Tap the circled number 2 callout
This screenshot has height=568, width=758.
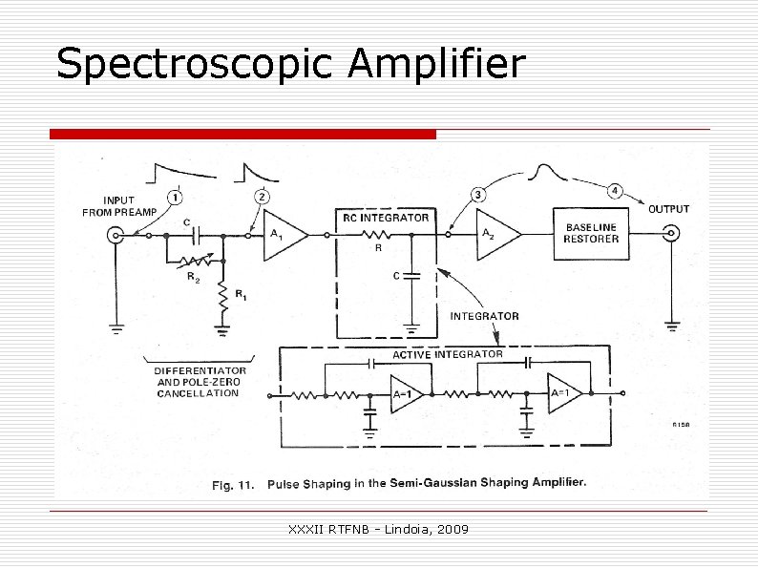click(x=262, y=197)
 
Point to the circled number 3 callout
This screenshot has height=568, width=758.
click(x=477, y=196)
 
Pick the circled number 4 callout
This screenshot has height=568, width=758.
click(x=616, y=192)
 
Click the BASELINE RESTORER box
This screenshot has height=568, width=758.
click(x=592, y=234)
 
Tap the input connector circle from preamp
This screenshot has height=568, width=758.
click(x=116, y=235)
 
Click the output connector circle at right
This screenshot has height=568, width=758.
click(x=671, y=234)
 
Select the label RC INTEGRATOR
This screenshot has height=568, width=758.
click(x=386, y=218)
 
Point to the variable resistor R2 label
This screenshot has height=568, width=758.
click(x=193, y=278)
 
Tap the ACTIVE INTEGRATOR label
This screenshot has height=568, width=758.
click(x=448, y=354)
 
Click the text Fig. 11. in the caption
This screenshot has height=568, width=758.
click(x=232, y=484)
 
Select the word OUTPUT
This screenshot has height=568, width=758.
click(x=669, y=209)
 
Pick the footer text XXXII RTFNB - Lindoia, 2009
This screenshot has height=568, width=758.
click(x=378, y=528)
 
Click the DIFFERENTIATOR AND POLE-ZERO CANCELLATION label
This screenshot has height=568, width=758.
click(x=200, y=382)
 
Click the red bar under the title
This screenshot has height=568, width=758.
click(x=242, y=134)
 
